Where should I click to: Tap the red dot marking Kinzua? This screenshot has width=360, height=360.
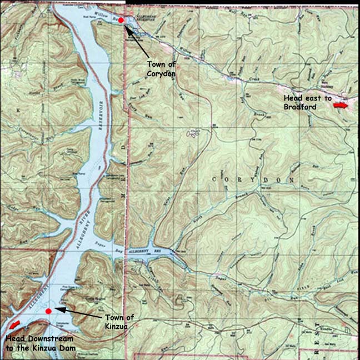pyautogui.click(x=49, y=311)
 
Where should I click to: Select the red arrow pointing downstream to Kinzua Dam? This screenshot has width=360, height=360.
pyautogui.click(x=14, y=324)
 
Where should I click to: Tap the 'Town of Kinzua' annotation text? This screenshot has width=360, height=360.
pyautogui.click(x=119, y=322)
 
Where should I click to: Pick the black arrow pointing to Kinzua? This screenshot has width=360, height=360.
pyautogui.click(x=78, y=313)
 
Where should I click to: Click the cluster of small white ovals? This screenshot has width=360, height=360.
pyautogui.click(x=193, y=133)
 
